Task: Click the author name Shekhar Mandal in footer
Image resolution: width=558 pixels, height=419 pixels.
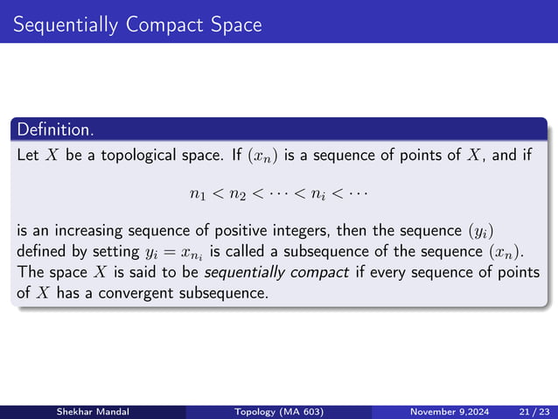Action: click(x=91, y=411)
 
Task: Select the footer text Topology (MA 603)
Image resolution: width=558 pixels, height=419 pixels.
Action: click(x=278, y=411)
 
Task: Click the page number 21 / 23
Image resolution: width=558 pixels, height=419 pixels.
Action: click(x=530, y=411)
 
